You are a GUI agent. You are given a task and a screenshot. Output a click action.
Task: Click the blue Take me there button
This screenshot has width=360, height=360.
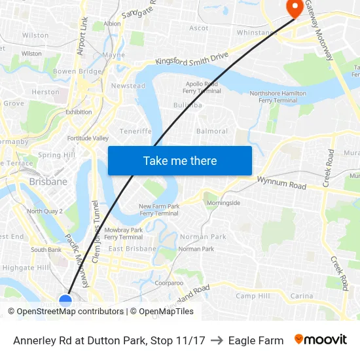[179, 160]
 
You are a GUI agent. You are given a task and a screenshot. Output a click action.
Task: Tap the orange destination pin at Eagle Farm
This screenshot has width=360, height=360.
[294, 8]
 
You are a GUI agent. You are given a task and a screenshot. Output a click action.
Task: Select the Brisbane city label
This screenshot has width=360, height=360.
[48, 181]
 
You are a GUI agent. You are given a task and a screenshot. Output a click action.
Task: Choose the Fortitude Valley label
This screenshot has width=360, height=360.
[88, 139]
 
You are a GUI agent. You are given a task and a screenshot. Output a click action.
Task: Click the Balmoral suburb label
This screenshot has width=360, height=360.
[212, 131]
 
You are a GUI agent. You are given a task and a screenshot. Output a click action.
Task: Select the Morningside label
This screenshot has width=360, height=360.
[223, 203]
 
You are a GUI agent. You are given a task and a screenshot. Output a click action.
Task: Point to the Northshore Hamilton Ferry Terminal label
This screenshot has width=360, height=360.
[278, 97]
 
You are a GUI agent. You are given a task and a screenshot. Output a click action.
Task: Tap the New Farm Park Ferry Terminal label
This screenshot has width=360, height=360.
[158, 210]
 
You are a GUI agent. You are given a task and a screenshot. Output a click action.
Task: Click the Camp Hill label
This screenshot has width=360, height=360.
[253, 296]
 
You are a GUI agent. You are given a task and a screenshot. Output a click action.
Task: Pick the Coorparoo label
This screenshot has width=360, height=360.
[169, 283]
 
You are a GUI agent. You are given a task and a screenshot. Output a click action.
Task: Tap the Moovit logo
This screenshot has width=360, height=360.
[320, 340]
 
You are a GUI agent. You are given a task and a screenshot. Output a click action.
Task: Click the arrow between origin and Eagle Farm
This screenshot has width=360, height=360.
[217, 340]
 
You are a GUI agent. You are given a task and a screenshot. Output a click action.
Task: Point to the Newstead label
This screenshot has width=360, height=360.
[128, 86]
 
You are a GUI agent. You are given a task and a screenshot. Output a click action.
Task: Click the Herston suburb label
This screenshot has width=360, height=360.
[45, 92]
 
